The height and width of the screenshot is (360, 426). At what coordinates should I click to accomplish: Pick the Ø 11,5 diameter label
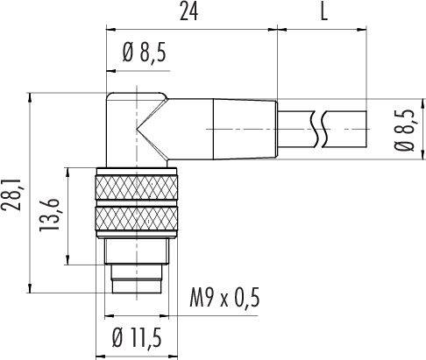tap(140, 338)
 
